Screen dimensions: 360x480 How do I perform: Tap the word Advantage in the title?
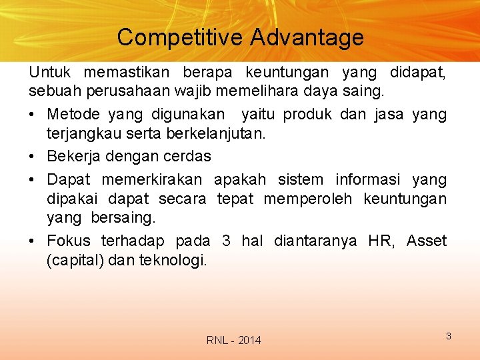[x=307, y=37]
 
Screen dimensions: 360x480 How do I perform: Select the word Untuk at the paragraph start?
[x=51, y=71]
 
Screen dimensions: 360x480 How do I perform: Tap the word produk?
[x=307, y=115]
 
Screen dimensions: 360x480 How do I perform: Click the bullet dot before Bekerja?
[x=33, y=157]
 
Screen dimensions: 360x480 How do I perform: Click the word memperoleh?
[x=307, y=199]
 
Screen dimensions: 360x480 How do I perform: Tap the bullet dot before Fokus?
[x=33, y=241]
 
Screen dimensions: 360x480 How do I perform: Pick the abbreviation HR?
[x=381, y=241]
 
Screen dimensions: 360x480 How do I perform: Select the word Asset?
[x=427, y=241]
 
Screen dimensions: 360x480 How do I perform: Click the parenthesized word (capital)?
[x=74, y=260]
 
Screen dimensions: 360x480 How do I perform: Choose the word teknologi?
[x=173, y=260]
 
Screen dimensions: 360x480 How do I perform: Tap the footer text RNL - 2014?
[x=234, y=341]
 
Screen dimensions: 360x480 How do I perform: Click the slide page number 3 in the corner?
[x=449, y=336]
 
